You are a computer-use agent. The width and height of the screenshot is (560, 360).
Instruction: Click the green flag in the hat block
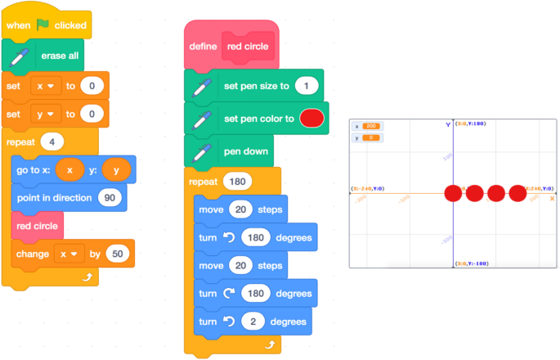[x=43, y=25]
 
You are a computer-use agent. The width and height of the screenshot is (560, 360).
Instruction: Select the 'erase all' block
[x=60, y=56]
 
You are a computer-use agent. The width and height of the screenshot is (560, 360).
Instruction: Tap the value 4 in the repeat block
[x=52, y=141]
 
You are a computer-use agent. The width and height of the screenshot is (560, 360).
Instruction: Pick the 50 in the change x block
[x=118, y=254]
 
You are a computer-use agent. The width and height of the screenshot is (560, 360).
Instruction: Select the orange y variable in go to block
[x=117, y=169]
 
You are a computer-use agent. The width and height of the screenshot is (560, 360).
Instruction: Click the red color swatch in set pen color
[x=311, y=119]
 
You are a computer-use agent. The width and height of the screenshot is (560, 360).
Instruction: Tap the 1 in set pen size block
[x=307, y=86]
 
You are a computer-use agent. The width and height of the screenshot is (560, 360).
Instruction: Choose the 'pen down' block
[x=247, y=151]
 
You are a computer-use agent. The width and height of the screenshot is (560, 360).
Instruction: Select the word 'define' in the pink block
[x=203, y=47]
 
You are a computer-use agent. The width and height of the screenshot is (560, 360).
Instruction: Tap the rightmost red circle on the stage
[x=517, y=194]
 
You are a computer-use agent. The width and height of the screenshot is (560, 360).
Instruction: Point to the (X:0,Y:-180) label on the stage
[x=472, y=263]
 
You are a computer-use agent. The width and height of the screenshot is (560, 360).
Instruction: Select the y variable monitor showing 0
[x=365, y=138]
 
